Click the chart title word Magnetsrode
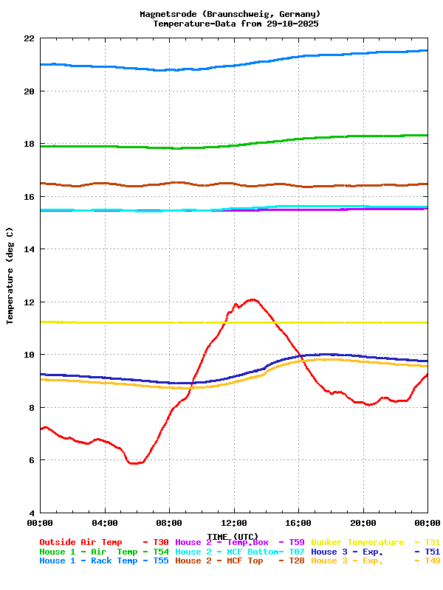click(165, 14)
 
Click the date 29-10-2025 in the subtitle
click(290, 24)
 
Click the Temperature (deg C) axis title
click(10, 275)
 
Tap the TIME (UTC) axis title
click(233, 536)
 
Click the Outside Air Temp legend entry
click(80, 542)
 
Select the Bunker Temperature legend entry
click(358, 542)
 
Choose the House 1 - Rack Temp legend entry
click(89, 561)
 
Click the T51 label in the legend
click(433, 552)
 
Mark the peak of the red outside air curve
click(253, 299)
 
